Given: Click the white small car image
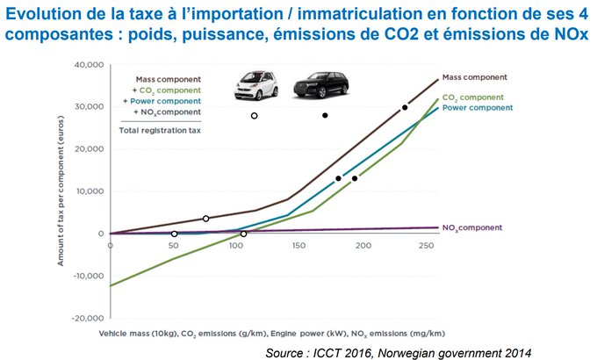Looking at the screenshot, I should tap(254, 85).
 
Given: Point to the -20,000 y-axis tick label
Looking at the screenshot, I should tap(88, 318).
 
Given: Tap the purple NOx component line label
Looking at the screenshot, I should tap(471, 227).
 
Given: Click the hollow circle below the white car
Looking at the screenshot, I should tap(255, 116).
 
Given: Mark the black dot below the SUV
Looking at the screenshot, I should tap(325, 115).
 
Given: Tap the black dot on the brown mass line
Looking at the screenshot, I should tap(405, 107).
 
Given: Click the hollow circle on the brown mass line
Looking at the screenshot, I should tap(205, 219).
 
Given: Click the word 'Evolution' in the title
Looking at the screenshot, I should tap(44, 11).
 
